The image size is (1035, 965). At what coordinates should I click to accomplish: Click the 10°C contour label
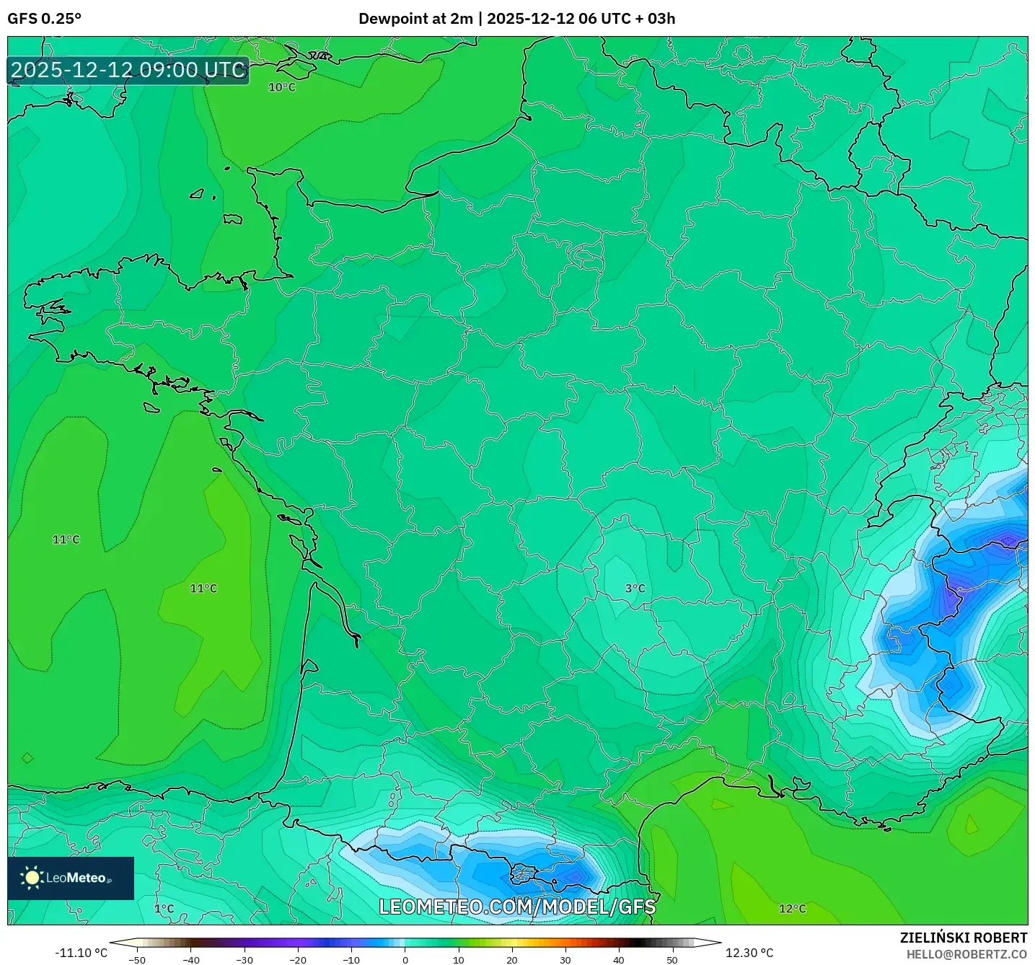tap(282, 87)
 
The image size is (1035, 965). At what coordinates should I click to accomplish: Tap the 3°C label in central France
tap(635, 589)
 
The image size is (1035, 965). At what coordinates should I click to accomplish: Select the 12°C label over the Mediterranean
tap(792, 909)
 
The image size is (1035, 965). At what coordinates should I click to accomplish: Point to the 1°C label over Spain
tap(164, 909)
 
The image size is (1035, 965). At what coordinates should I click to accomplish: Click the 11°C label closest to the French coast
tap(203, 589)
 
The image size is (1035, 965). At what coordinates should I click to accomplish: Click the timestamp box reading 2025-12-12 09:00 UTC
tap(128, 70)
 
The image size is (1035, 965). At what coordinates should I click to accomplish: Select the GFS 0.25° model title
tap(45, 19)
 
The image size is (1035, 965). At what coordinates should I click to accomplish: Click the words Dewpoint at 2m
tap(415, 19)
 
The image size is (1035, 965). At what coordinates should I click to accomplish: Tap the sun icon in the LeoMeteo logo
tap(32, 878)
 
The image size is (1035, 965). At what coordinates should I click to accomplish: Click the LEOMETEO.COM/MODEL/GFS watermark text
tap(517, 907)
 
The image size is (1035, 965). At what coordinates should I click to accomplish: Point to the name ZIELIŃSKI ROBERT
tap(963, 938)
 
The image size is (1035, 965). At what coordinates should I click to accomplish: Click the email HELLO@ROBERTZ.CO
tap(966, 954)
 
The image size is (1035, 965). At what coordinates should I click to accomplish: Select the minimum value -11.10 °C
tap(81, 953)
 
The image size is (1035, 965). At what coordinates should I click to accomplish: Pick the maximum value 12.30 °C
tap(749, 953)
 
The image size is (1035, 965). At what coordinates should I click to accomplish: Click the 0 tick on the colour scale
tap(405, 959)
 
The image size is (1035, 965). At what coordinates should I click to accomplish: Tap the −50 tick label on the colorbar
tap(136, 959)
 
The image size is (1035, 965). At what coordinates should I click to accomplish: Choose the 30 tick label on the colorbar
tap(565, 959)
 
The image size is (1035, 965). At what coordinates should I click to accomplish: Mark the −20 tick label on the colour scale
tap(297, 959)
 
